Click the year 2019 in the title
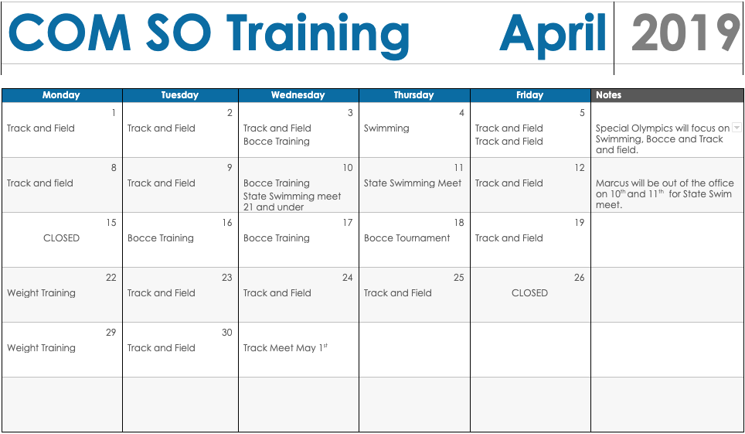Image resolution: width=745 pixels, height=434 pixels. [x=685, y=32]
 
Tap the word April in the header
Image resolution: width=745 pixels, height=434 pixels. [x=553, y=34]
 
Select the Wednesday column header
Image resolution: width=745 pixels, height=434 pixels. [x=298, y=94]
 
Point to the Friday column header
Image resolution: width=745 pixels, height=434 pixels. [x=530, y=94]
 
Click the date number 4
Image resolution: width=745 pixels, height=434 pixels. [x=461, y=113]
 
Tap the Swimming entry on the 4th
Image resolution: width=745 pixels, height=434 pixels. [x=386, y=128]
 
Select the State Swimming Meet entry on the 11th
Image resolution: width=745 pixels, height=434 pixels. [x=413, y=183]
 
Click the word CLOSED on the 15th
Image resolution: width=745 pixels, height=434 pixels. [x=61, y=238]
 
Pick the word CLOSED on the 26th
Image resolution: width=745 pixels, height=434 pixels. [x=529, y=292]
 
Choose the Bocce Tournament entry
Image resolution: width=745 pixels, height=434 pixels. [x=407, y=238]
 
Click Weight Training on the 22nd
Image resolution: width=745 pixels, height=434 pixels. [x=41, y=293]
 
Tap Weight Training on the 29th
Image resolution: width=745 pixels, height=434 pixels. [x=41, y=348]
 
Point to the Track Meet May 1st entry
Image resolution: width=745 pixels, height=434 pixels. [x=285, y=348]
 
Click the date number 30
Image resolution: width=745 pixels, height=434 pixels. [x=227, y=333]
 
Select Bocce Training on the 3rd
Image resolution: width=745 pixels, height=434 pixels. [x=277, y=142]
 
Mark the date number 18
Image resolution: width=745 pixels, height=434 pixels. [x=459, y=223]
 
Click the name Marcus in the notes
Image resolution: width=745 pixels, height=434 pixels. [x=612, y=183]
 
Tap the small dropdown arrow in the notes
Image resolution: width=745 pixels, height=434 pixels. [x=736, y=128]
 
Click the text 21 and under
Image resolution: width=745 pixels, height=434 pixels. [x=274, y=207]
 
